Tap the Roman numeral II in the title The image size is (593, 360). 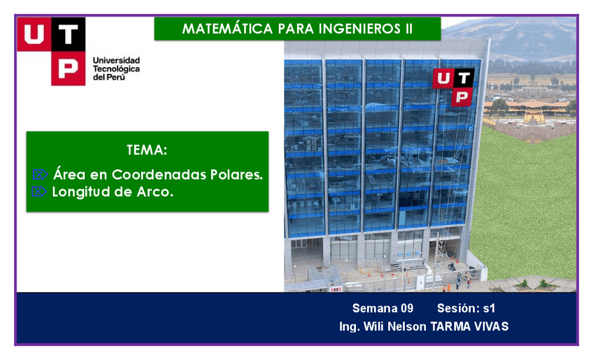tap(409, 29)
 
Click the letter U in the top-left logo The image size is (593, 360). tap(34, 34)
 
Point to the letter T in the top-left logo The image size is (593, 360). tap(68, 34)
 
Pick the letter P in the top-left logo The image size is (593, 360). tap(68, 69)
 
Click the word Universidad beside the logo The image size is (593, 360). tap(117, 61)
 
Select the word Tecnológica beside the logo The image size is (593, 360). tap(117, 69)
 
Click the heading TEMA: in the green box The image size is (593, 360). tap(147, 150)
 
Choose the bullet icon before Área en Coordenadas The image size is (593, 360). tap(40, 174)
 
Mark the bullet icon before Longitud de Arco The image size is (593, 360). tap(39, 192)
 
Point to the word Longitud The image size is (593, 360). tap(81, 192)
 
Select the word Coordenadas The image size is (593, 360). tap(159, 174)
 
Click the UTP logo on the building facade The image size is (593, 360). tap(453, 87)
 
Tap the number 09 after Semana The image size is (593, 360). tap(407, 308)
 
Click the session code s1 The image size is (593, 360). tap(490, 308)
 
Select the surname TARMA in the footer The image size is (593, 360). tap(447, 326)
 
